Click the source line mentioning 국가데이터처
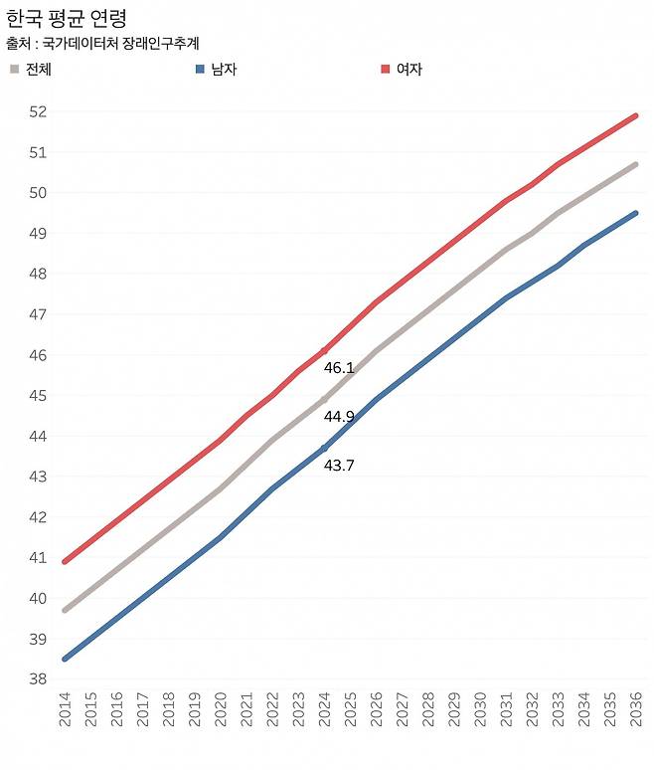(103, 44)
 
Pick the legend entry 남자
(216, 70)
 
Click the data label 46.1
(339, 368)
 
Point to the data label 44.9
(339, 417)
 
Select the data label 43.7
(339, 465)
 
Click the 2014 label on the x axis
(66, 714)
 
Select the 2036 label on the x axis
(635, 714)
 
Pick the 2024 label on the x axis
(324, 714)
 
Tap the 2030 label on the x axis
(480, 714)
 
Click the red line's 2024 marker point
(324, 351)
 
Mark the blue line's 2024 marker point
(324, 448)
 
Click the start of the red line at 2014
(66, 561)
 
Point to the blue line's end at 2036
(635, 213)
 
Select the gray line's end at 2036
(635, 164)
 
